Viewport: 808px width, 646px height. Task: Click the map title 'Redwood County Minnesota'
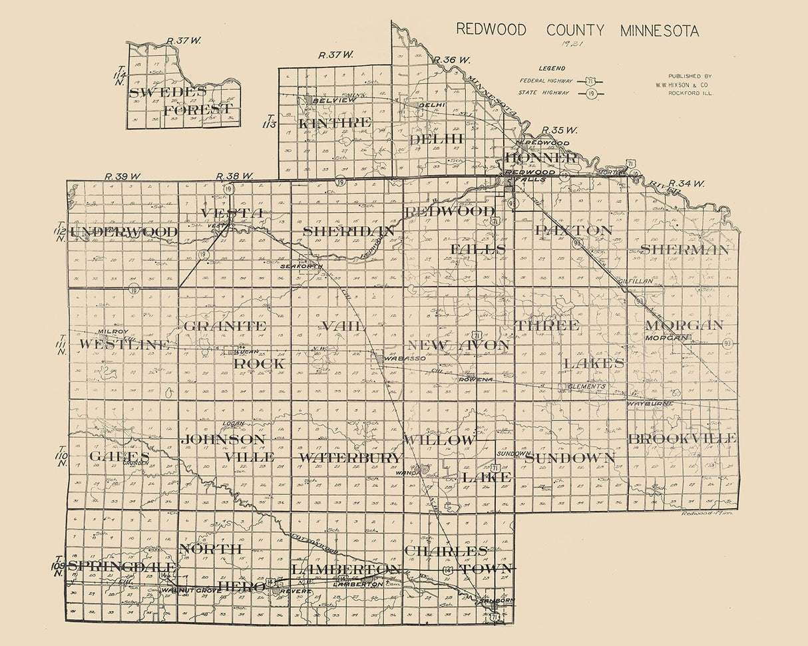577,31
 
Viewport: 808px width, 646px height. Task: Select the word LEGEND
552,68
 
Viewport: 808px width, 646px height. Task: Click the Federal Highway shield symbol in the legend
590,81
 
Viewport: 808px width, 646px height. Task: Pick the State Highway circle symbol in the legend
590,93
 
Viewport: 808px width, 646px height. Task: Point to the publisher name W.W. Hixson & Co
690,84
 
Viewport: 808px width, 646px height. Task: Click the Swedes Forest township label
181,100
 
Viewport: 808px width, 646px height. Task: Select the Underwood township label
124,232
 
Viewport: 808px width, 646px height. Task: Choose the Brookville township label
682,438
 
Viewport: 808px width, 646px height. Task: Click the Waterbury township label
350,458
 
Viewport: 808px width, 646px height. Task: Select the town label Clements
586,386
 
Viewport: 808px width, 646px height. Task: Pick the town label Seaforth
302,266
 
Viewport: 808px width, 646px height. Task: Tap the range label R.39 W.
123,176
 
